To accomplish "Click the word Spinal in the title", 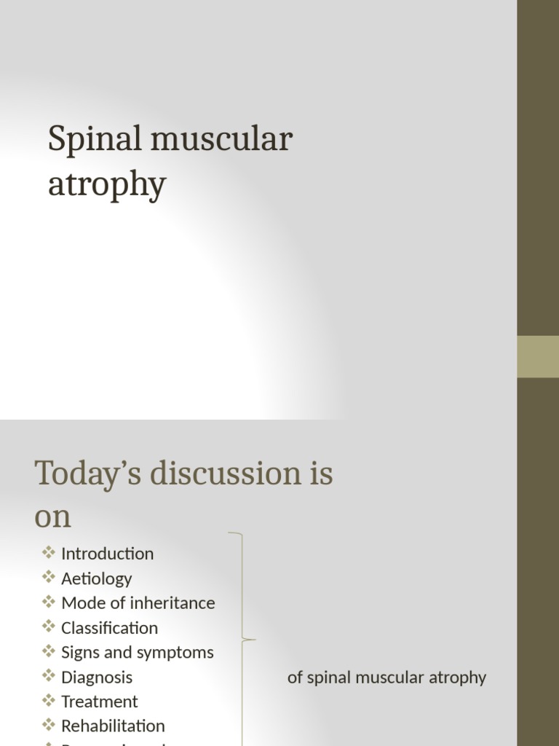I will click(93, 140).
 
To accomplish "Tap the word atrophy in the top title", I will click(107, 185).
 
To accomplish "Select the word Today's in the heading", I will click(87, 474).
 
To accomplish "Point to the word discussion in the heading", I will click(224, 474).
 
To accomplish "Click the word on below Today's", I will click(52, 517).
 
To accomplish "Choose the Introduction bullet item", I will click(107, 554).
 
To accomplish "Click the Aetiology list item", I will click(96, 578).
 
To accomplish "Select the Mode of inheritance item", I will click(138, 603).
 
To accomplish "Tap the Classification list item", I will click(109, 628).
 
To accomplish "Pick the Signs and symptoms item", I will click(137, 653).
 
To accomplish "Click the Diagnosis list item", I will click(97, 678).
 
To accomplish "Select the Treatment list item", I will click(99, 702).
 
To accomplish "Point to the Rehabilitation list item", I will click(113, 726).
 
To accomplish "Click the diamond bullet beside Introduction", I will click(49, 552).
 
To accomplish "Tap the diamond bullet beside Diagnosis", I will click(49, 676).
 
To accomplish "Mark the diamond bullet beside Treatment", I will click(49, 701).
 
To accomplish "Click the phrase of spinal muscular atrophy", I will click(386, 678).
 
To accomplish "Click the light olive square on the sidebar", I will click(538, 356).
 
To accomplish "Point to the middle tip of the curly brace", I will click(255, 640).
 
